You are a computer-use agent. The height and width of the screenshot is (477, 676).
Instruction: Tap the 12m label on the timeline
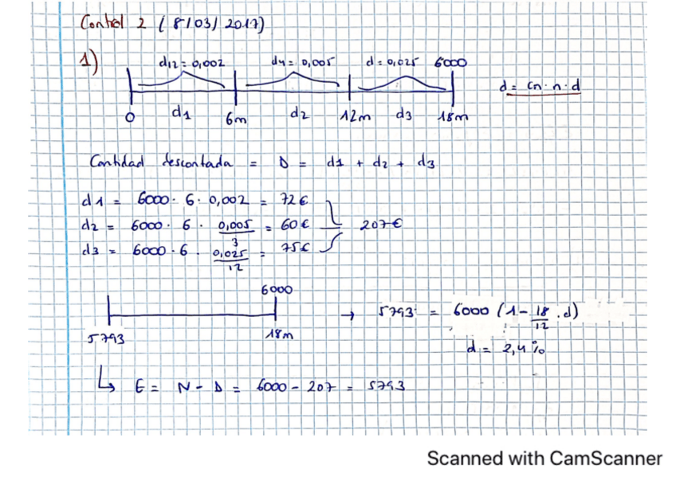[356, 119]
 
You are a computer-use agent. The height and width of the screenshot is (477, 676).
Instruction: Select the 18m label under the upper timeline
[453, 118]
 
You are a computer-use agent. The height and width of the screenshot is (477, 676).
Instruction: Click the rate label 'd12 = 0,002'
[191, 61]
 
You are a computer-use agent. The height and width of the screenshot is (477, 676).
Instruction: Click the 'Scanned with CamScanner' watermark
[544, 458]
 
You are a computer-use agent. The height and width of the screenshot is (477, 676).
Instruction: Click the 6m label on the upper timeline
[236, 119]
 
